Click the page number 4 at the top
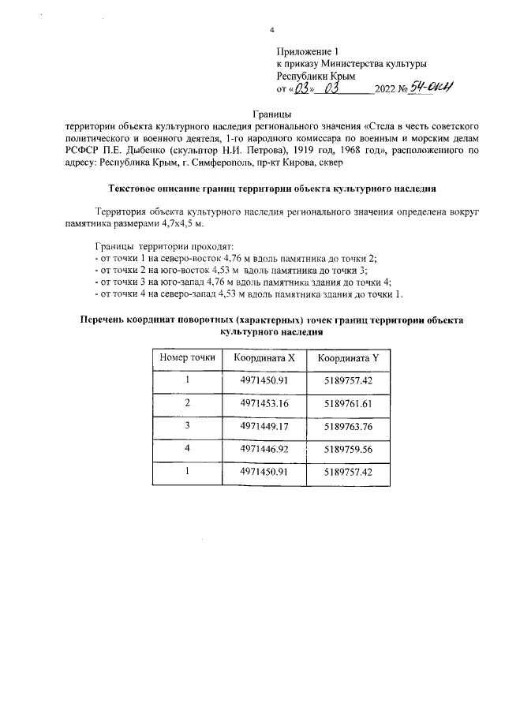click(271, 30)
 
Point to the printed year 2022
click(387, 89)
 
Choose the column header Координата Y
click(348, 358)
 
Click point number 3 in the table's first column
click(188, 426)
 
